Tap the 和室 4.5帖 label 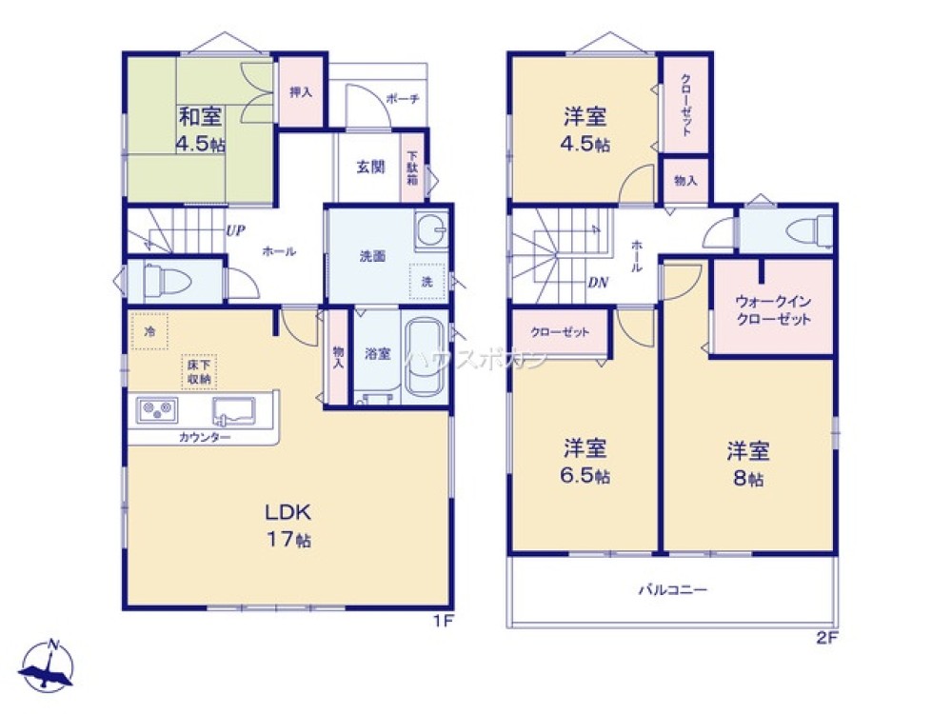pyautogui.click(x=200, y=130)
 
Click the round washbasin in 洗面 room pyautogui.click(x=430, y=229)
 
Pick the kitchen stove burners pyautogui.click(x=155, y=411)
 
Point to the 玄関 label pyautogui.click(x=370, y=167)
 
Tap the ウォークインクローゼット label pyautogui.click(x=772, y=310)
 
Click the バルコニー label pyautogui.click(x=672, y=589)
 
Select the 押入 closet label pyautogui.click(x=301, y=92)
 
